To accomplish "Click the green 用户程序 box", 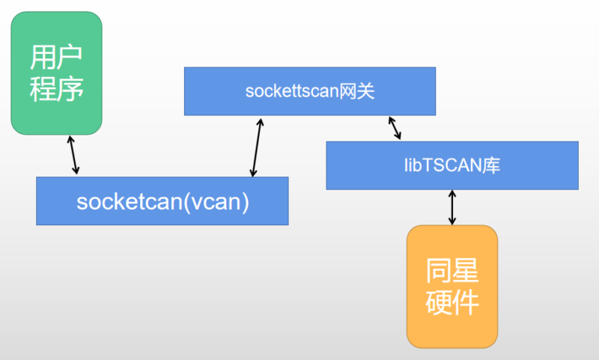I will pyautogui.click(x=56, y=73).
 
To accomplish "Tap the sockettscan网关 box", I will pyautogui.click(x=310, y=91).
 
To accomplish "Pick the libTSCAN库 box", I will pyautogui.click(x=451, y=165).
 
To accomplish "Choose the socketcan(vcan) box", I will pyautogui.click(x=162, y=201).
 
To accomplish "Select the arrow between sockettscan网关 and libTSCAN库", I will pyautogui.click(x=395, y=128).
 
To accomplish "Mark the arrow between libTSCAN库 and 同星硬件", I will pyautogui.click(x=451, y=207).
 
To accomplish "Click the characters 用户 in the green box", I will pyautogui.click(x=56, y=57).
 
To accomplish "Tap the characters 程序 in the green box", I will pyautogui.click(x=56, y=90).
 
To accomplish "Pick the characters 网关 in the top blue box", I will pyautogui.click(x=356, y=92).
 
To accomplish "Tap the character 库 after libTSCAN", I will pyautogui.click(x=491, y=165).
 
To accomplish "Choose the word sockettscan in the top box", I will pyautogui.click(x=292, y=92).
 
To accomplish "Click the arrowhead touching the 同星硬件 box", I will pyautogui.click(x=451, y=221).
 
